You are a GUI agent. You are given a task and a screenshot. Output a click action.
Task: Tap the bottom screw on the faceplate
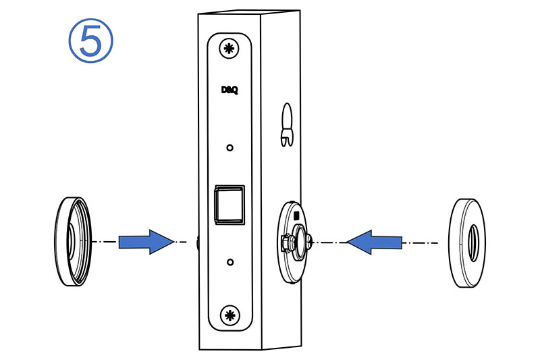coord(230,314)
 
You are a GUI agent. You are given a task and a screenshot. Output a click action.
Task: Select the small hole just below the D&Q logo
coord(230,147)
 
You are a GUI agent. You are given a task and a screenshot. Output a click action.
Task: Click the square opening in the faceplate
coord(229,204)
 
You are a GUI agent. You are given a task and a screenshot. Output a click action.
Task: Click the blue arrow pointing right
coord(145,241)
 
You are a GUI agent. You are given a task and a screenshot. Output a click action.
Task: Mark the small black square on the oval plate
coord(295,215)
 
